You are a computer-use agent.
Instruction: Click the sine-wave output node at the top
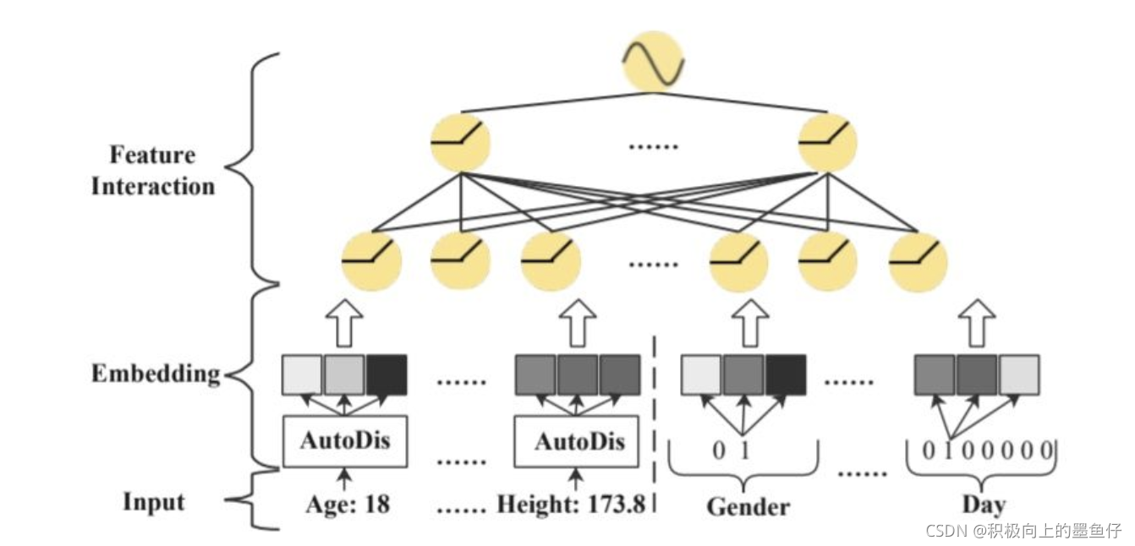[x=652, y=61]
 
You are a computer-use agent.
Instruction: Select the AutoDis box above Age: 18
[x=344, y=441]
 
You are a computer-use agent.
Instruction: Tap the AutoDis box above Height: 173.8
[x=578, y=441]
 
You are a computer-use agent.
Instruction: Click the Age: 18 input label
[x=348, y=505]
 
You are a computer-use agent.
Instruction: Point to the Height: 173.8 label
[x=571, y=505]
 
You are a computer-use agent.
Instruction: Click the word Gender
[x=748, y=506]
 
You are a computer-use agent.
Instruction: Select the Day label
[x=984, y=505]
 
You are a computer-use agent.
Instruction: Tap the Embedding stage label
[x=156, y=374]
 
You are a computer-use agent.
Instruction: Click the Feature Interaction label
[x=153, y=171]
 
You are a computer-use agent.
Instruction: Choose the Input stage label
[x=153, y=501]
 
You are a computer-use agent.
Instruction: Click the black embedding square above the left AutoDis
[x=387, y=375]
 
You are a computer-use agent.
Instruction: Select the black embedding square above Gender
[x=787, y=375]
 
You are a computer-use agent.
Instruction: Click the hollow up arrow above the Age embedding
[x=344, y=322]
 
